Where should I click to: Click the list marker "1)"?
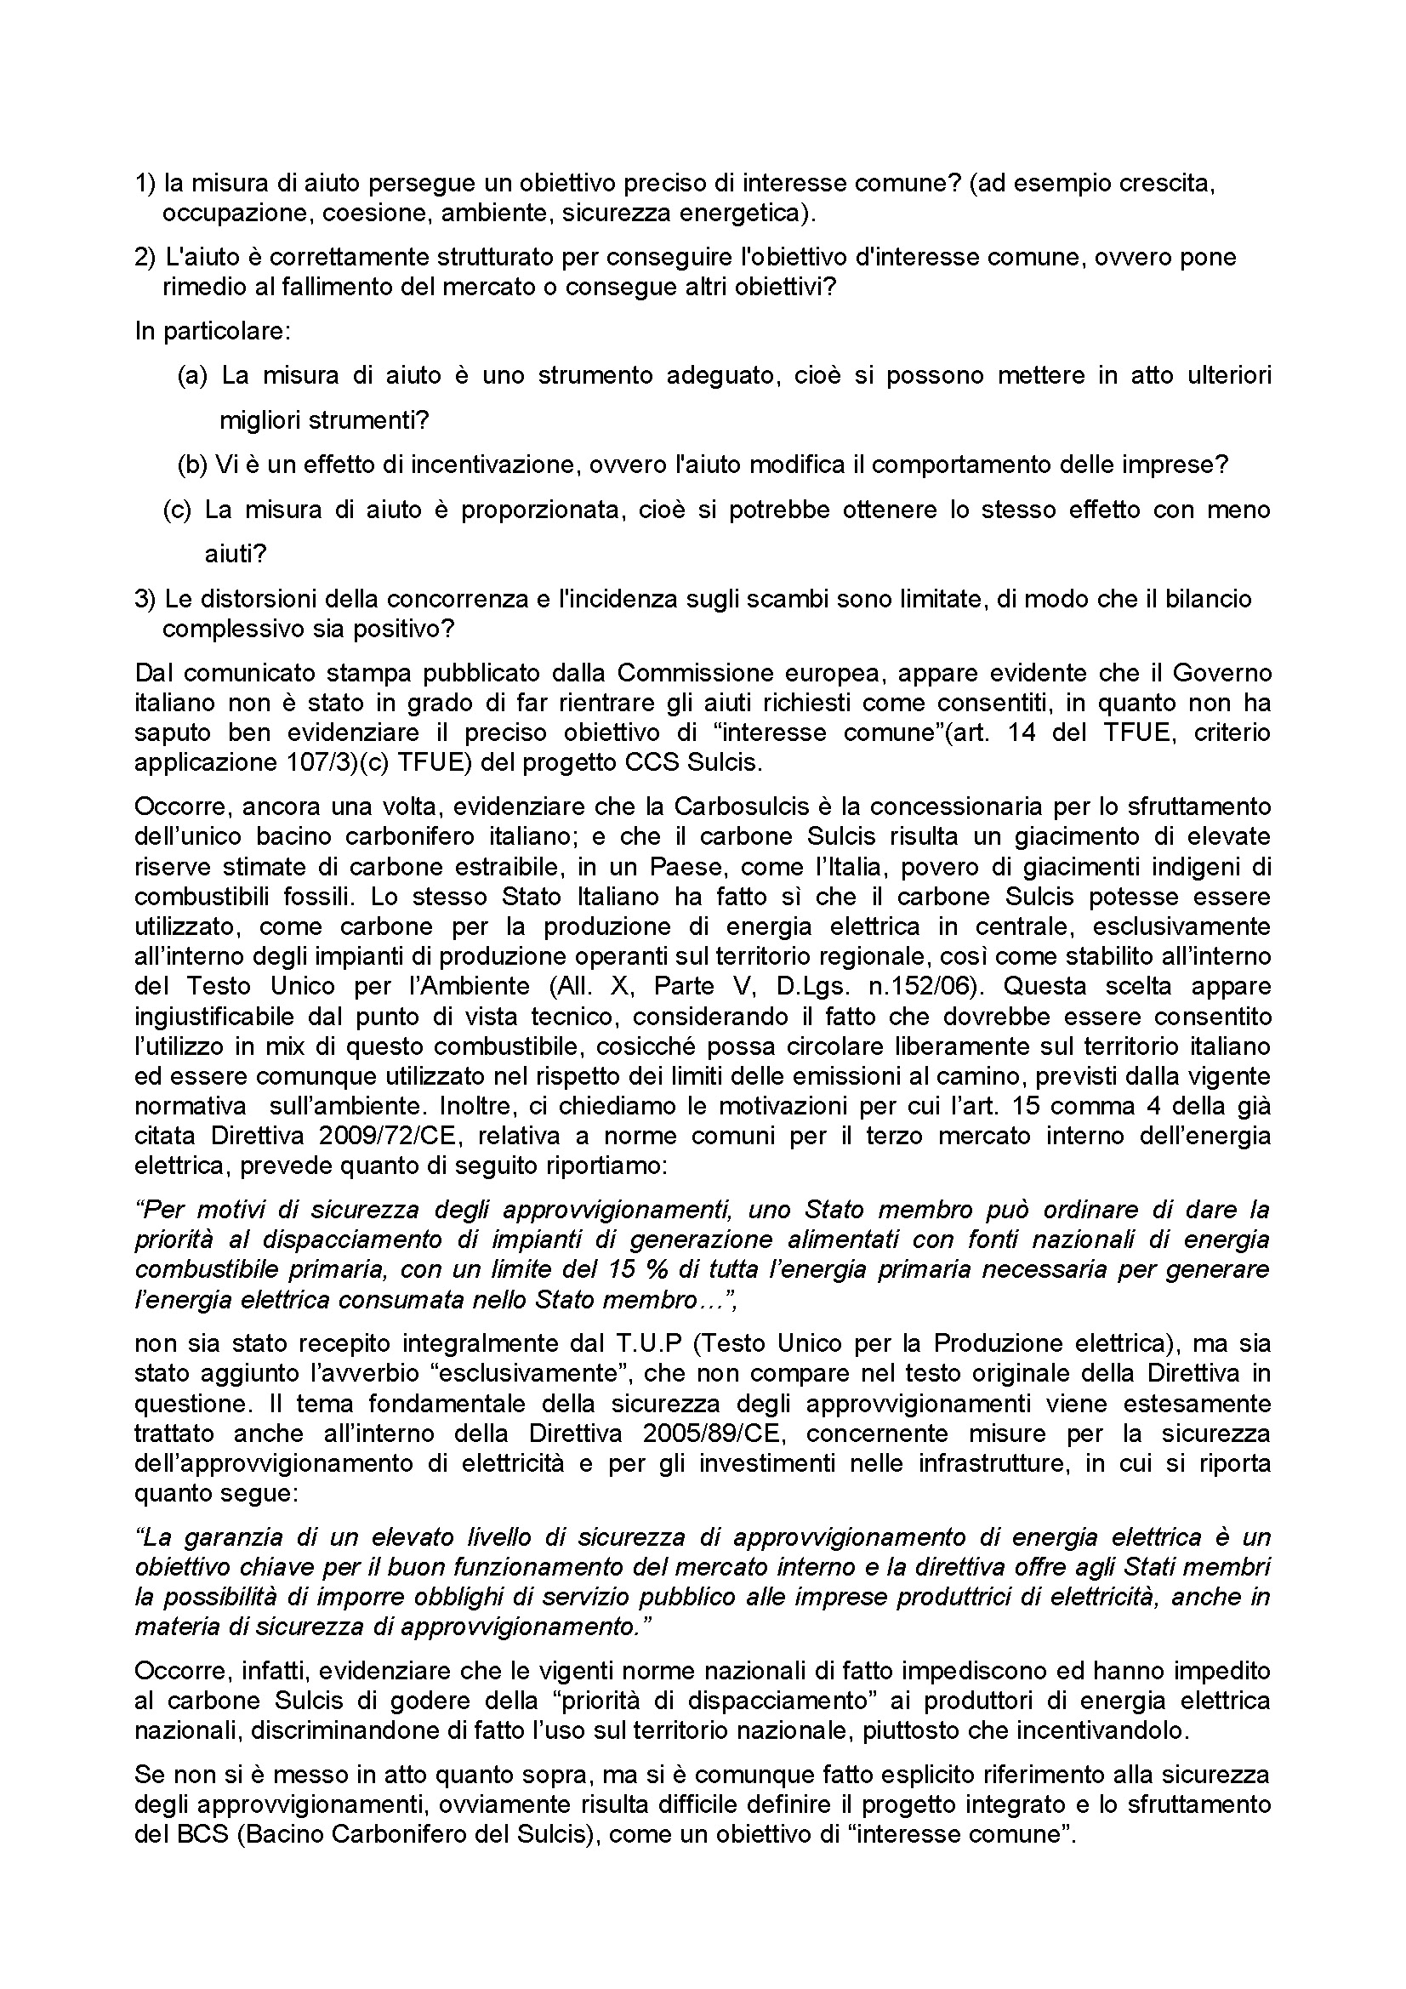tap(145, 184)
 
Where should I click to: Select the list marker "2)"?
tap(145, 257)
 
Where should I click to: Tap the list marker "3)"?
tap(145, 599)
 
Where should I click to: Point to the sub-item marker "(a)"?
tap(192, 376)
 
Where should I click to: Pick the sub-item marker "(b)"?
tap(192, 465)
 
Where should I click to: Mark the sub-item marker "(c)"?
tap(177, 510)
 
